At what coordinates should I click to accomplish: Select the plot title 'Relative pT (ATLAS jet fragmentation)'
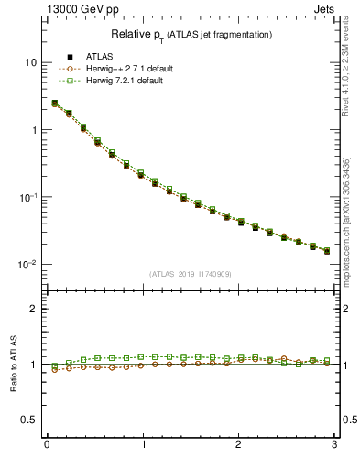coord(191,35)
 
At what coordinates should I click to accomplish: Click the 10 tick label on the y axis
coord(30,62)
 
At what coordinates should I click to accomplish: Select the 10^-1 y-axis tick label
coord(27,197)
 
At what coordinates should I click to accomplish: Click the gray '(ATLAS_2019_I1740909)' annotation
coord(191,274)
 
